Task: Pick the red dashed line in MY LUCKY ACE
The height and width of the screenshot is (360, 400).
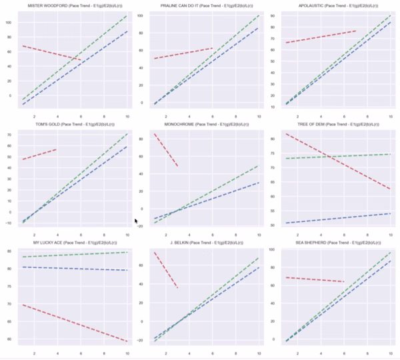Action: (x=73, y=323)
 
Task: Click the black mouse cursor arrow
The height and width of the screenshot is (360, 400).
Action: (x=136, y=221)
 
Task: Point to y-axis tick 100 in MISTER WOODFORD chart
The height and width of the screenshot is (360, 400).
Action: (x=9, y=22)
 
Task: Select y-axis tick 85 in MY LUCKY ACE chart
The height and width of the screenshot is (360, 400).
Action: (x=9, y=251)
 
